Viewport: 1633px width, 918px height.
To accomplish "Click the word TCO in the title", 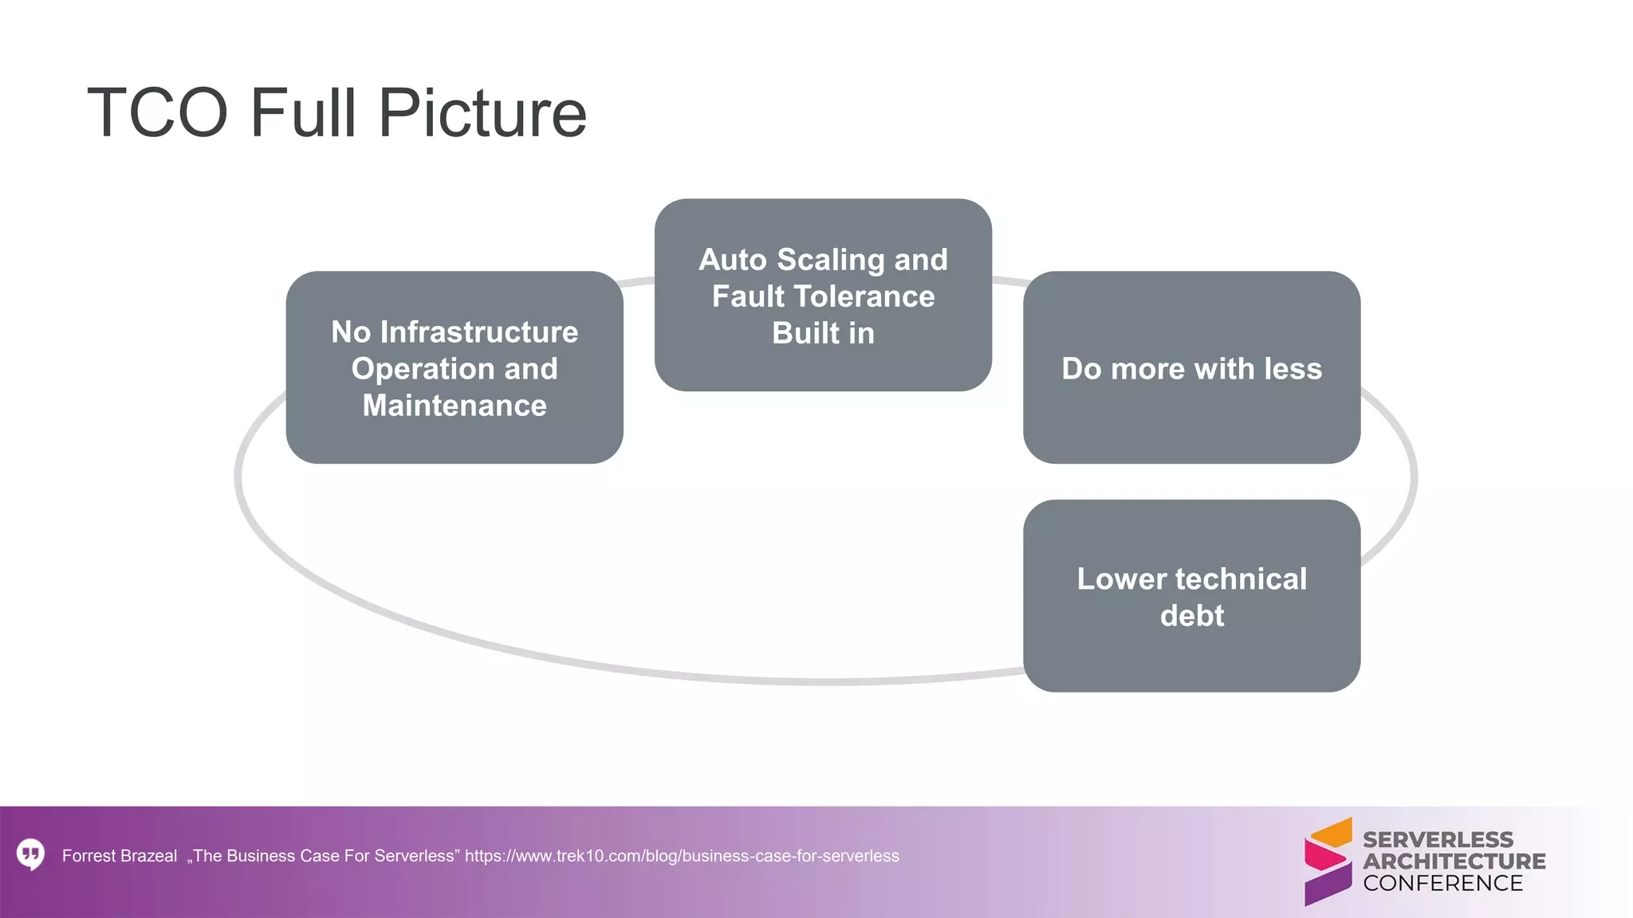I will click(158, 113).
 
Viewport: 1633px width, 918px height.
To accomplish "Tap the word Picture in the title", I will click(482, 113).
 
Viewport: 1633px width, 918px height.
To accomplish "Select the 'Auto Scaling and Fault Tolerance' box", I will click(823, 295).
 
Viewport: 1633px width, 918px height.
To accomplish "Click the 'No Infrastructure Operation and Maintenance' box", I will click(454, 367).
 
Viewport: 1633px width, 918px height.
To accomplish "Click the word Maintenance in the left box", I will click(454, 406).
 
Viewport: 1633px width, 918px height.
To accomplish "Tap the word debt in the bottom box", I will click(1191, 616).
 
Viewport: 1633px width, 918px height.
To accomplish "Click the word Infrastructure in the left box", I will click(479, 332).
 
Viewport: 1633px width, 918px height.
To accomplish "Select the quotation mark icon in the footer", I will click(30, 854).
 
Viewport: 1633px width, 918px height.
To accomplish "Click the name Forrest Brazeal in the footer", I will click(120, 856).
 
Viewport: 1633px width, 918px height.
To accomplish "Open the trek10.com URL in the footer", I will click(682, 856).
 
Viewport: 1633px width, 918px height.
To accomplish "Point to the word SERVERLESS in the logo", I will click(1438, 839).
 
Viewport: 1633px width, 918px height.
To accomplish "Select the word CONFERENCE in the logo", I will click(1442, 883).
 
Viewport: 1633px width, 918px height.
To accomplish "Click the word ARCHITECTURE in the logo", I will click(1454, 861).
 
